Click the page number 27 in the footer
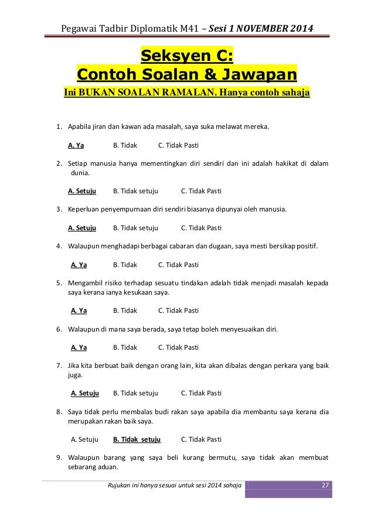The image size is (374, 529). coord(326,484)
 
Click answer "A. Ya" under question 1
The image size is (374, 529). coord(76,144)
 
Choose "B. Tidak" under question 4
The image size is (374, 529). coord(125,264)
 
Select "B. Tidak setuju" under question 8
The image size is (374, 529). coord(137,439)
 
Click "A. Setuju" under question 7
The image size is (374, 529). coord(84,393)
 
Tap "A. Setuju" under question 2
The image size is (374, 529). coord(82,190)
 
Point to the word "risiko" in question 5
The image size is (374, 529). coord(118,283)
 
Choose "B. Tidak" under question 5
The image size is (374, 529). coord(125,310)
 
